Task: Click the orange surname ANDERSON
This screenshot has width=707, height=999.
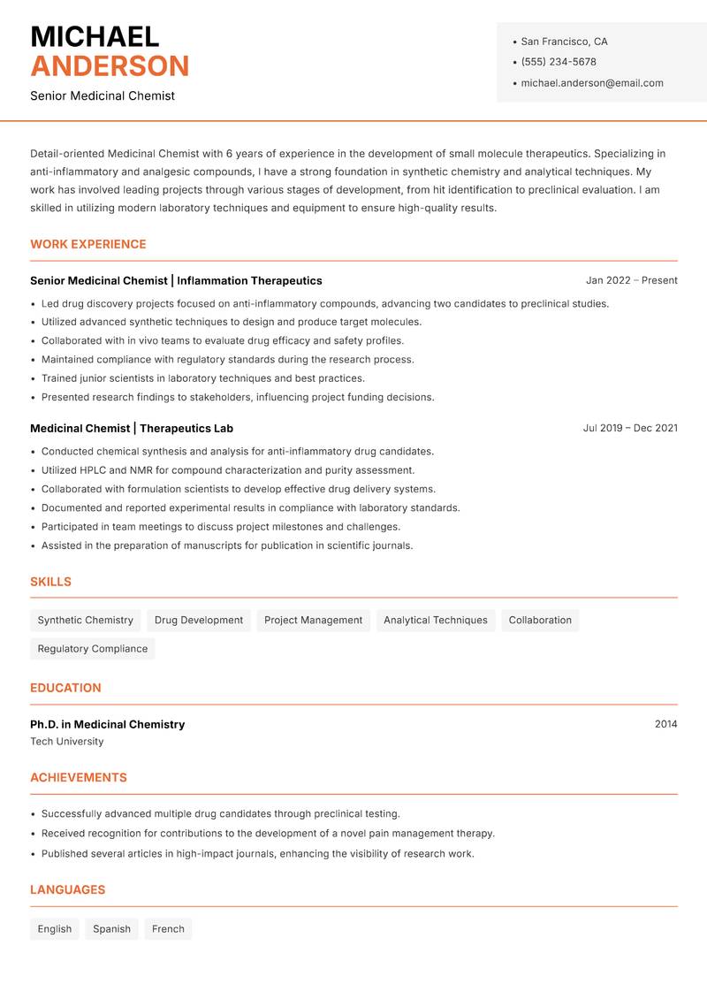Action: (110, 66)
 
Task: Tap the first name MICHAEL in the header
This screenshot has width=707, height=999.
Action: (95, 36)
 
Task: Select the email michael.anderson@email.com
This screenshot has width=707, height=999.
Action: (591, 83)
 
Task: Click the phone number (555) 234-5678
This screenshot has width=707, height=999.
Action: (558, 62)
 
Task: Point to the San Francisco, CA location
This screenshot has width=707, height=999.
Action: (564, 42)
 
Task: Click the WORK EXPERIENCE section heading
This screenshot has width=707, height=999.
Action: (88, 244)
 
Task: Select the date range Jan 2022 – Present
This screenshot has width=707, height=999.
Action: (631, 280)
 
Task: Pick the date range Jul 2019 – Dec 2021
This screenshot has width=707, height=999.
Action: (630, 428)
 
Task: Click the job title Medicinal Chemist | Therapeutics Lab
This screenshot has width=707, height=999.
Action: (132, 428)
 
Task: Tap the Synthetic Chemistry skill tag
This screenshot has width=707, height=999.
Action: (85, 621)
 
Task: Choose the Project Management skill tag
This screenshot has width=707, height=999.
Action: (313, 621)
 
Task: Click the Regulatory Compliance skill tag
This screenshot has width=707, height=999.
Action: (92, 649)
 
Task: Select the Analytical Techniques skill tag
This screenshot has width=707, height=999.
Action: (435, 621)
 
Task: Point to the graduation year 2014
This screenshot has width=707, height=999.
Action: (665, 724)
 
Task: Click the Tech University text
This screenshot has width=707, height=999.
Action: (67, 742)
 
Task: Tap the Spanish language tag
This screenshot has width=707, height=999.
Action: (111, 929)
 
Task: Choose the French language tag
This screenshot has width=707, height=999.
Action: (168, 929)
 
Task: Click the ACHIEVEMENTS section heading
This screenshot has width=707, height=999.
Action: (79, 778)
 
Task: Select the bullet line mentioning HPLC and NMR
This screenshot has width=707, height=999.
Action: (228, 470)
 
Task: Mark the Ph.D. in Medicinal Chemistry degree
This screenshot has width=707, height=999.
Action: (108, 724)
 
